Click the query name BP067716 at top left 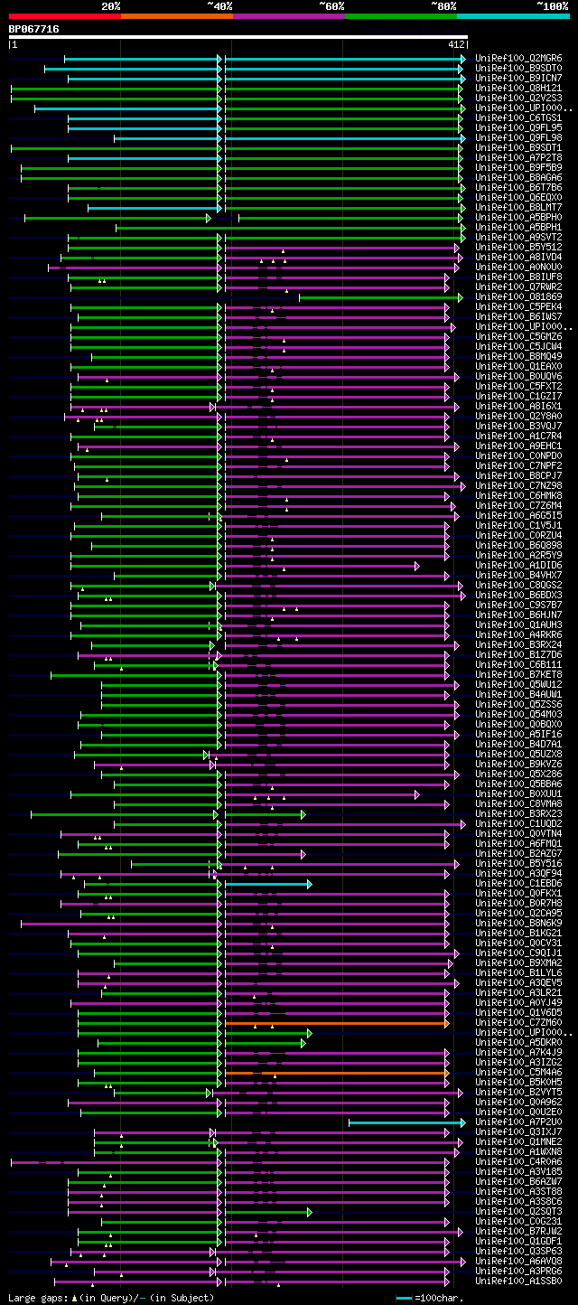[34, 29]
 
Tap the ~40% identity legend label [219, 6]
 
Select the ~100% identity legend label [553, 6]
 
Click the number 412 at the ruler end [455, 44]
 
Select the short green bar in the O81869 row [379, 296]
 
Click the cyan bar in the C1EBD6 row [266, 883]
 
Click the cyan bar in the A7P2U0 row [406, 1122]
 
